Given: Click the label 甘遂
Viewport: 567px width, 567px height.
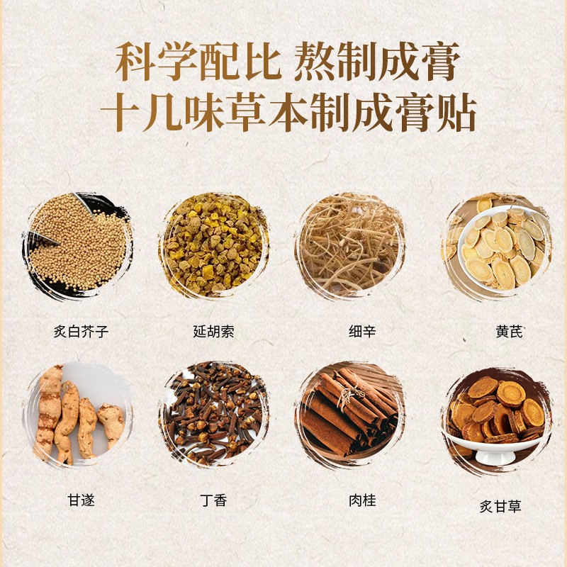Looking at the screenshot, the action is click(x=81, y=500).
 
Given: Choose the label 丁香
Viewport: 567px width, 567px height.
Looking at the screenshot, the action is click(x=214, y=500).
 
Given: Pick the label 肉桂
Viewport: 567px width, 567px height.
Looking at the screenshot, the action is click(x=362, y=500).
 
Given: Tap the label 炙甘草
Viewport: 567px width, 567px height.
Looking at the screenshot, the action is click(x=500, y=506).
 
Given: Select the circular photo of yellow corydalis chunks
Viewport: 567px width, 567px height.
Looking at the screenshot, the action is click(x=214, y=245).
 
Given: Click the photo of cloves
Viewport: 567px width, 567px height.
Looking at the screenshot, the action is click(x=214, y=413).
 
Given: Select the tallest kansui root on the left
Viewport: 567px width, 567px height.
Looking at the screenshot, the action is click(x=48, y=412).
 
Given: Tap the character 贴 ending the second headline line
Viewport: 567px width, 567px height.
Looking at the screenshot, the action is click(x=456, y=113).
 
